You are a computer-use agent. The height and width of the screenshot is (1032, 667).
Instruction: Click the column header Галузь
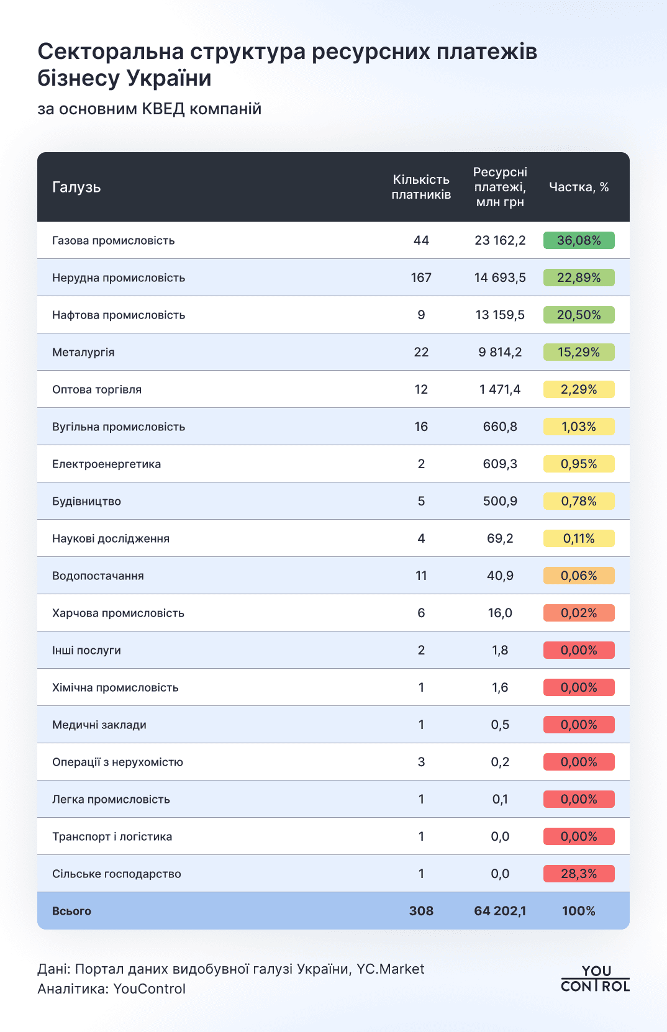click(76, 188)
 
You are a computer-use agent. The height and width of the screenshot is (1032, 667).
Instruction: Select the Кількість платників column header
click(421, 187)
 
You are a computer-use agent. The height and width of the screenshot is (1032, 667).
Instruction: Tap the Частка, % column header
click(579, 188)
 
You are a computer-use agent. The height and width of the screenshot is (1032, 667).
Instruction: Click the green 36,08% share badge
click(579, 240)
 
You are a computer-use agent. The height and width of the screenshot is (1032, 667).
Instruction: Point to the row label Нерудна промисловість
click(119, 278)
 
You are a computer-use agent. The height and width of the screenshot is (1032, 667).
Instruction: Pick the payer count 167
click(421, 278)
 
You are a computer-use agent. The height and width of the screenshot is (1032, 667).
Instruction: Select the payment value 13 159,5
click(500, 315)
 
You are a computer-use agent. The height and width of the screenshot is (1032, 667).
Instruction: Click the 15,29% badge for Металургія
click(579, 352)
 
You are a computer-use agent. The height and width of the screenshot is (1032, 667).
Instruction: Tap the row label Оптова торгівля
click(97, 389)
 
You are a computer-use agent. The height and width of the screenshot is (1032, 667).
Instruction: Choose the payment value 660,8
click(500, 427)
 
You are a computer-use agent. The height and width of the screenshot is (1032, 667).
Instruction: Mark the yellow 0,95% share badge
click(579, 464)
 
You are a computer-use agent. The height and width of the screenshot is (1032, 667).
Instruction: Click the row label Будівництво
click(86, 501)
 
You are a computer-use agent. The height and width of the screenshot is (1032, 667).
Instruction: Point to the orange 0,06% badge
click(579, 576)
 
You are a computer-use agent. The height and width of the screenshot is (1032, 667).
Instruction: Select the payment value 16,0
click(500, 613)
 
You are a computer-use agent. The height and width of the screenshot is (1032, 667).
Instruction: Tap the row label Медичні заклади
click(99, 725)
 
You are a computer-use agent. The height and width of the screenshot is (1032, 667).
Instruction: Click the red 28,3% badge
click(579, 874)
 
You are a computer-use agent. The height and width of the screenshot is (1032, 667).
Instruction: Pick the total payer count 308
click(421, 911)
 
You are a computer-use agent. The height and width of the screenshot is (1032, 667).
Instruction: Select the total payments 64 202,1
click(500, 911)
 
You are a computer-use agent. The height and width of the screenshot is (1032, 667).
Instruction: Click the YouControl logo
click(595, 979)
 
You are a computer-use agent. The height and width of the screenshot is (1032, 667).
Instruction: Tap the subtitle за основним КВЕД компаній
click(149, 109)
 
